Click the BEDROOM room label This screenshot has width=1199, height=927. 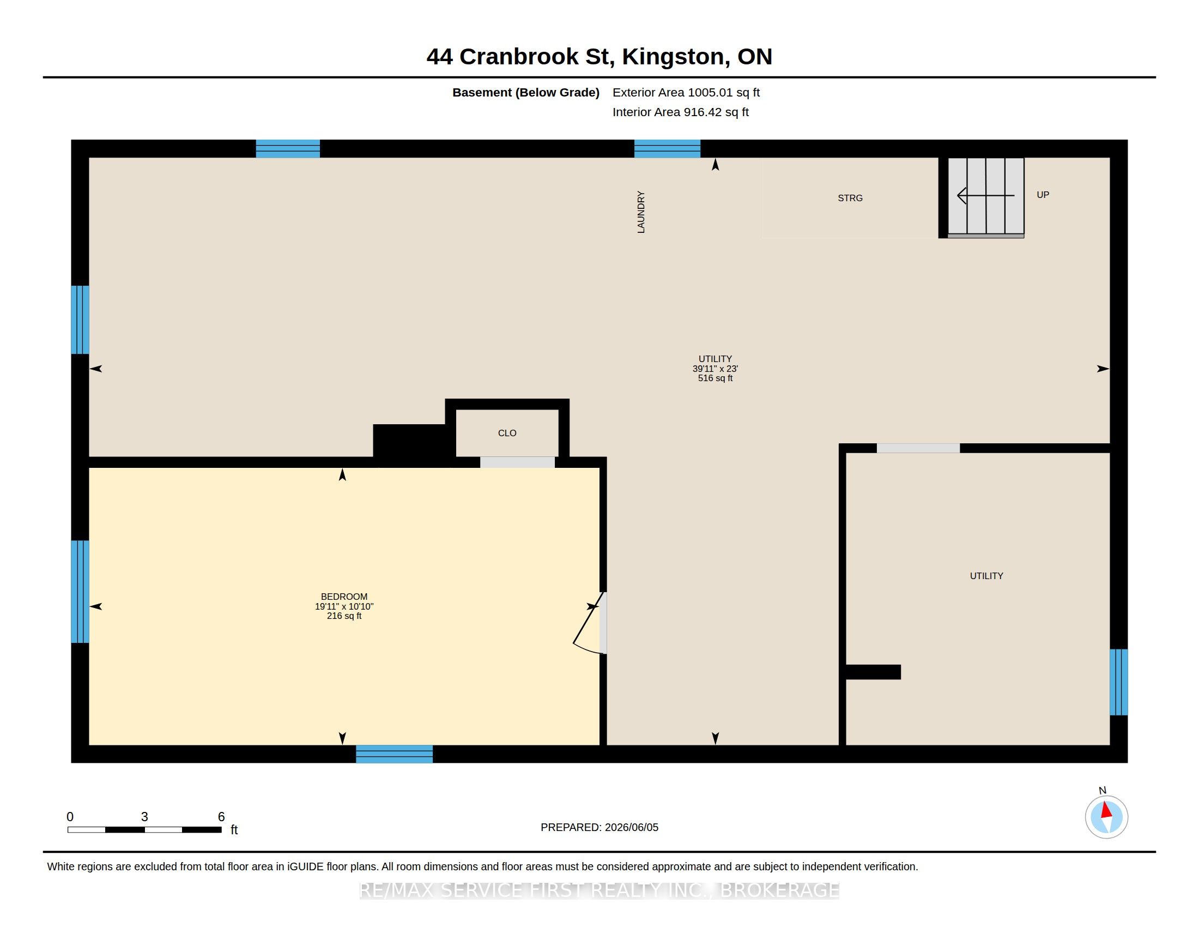pyautogui.click(x=344, y=597)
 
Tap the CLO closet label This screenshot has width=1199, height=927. pyautogui.click(x=507, y=434)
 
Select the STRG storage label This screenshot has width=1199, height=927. pyautogui.click(x=850, y=198)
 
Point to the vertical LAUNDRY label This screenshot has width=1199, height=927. pyautogui.click(x=641, y=212)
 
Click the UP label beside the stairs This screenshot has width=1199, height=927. pyautogui.click(x=1043, y=195)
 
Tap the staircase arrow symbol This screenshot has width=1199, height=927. pyautogui.click(x=985, y=196)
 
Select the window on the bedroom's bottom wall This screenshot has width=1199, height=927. pyautogui.click(x=394, y=754)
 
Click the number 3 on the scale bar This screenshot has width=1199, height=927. pyautogui.click(x=144, y=817)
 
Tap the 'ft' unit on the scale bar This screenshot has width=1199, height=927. pyautogui.click(x=234, y=830)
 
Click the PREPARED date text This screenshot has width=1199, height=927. pyautogui.click(x=599, y=827)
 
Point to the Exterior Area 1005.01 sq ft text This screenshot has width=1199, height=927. pyautogui.click(x=686, y=92)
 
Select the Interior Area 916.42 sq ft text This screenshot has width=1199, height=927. pyautogui.click(x=681, y=112)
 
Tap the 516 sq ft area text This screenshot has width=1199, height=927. pyautogui.click(x=716, y=378)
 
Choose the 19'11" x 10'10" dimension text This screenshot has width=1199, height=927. pyautogui.click(x=344, y=606)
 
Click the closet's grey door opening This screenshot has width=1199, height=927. pyautogui.click(x=518, y=462)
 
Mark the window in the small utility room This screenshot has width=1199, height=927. pyautogui.click(x=1119, y=682)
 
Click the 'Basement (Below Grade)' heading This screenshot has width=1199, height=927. pyautogui.click(x=526, y=92)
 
